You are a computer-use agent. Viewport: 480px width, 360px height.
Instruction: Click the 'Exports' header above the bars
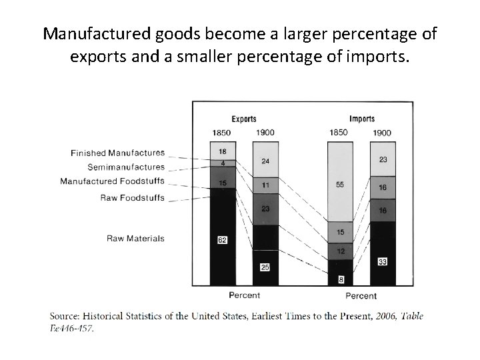[243, 119]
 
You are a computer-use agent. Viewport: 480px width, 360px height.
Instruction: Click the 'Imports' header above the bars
[361, 119]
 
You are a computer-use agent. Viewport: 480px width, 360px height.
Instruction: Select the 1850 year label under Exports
[221, 132]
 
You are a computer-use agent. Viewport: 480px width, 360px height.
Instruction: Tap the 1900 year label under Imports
[381, 133]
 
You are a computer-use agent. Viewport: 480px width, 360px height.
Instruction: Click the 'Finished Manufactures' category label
[117, 153]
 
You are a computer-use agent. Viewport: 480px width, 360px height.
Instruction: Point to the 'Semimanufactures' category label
[126, 167]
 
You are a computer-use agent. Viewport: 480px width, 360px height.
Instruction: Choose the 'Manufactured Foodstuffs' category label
[112, 181]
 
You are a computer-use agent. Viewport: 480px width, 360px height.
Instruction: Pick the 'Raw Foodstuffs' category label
[132, 197]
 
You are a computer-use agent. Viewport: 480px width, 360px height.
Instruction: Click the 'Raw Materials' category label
[135, 238]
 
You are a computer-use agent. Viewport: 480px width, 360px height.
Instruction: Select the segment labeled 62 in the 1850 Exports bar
[222, 240]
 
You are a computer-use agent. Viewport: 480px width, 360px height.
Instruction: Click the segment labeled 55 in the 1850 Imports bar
[340, 184]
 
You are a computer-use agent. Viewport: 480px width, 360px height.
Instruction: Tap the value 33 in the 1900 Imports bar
[382, 262]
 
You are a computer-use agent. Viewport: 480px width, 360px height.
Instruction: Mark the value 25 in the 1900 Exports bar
[264, 267]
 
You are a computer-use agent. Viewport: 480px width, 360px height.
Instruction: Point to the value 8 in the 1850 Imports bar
[340, 280]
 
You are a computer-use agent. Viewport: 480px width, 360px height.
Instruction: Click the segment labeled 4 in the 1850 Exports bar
[222, 163]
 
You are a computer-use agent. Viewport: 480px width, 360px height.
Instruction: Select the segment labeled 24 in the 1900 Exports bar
[265, 161]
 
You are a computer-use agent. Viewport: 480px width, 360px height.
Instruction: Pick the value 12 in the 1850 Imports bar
[340, 251]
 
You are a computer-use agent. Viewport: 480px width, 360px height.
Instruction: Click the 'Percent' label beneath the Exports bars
[244, 295]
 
